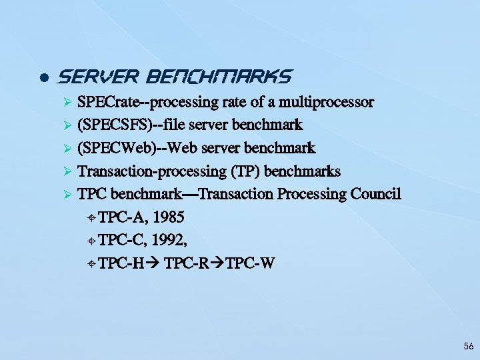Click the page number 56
pos(468,347)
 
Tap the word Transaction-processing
pos(153,171)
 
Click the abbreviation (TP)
pos(245,171)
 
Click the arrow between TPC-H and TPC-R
pos(153,263)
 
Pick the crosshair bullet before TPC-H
pos(91,264)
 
